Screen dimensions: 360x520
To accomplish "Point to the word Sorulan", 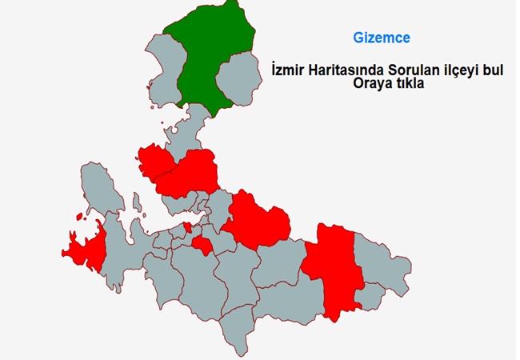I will (x=414, y=70).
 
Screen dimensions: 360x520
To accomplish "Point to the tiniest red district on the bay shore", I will (x=188, y=228).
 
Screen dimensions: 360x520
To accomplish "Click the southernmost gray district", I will (x=238, y=332).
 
